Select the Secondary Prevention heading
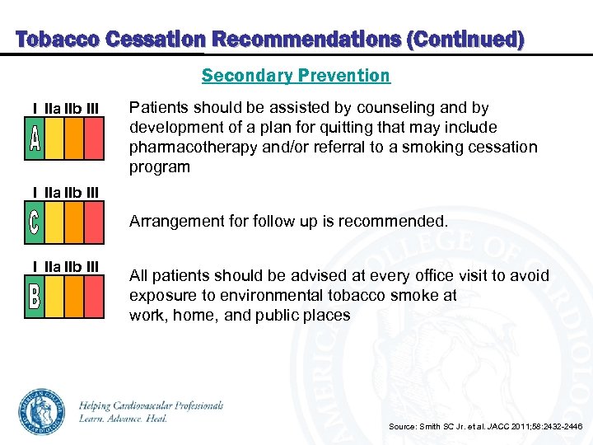(x=296, y=76)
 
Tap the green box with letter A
(x=34, y=138)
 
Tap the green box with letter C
(x=34, y=222)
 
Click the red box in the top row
(x=94, y=138)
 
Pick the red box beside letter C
(x=94, y=222)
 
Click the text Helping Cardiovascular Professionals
(x=151, y=405)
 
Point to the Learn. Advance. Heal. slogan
(x=124, y=419)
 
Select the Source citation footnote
(x=485, y=426)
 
